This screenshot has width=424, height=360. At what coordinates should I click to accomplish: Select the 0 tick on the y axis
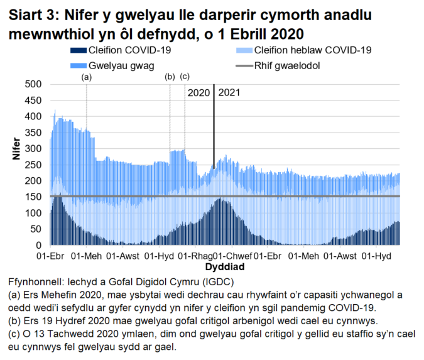(38, 245)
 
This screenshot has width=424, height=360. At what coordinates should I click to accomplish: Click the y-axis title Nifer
(17, 149)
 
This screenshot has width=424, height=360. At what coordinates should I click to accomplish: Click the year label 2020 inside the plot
(198, 92)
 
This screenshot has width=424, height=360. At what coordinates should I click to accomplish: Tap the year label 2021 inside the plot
(229, 92)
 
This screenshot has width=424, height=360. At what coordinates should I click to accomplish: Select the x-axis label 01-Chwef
(231, 257)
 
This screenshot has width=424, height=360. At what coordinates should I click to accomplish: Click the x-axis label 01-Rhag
(195, 257)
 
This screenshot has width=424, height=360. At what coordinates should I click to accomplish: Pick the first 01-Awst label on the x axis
(123, 257)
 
